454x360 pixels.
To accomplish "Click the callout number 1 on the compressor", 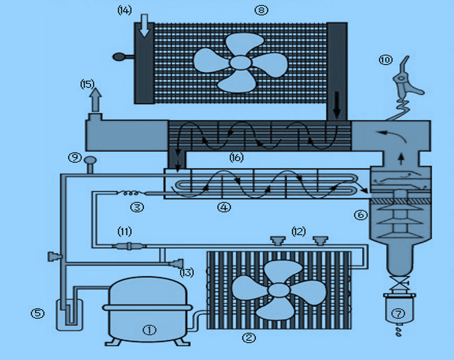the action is point(149,330).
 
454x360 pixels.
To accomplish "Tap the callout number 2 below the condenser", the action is point(249,338).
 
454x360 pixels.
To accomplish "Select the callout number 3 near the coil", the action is point(137,207).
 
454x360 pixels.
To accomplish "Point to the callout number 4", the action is point(224,207).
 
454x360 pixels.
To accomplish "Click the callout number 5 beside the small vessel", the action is point(38,313).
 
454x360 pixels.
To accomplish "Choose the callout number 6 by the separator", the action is point(361,214).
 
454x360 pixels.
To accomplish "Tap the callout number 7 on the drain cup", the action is point(398,313).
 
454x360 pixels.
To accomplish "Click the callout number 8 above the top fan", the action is point(261,10).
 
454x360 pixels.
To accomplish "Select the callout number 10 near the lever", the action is point(386,60).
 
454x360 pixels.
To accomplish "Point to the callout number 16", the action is point(236,158).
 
